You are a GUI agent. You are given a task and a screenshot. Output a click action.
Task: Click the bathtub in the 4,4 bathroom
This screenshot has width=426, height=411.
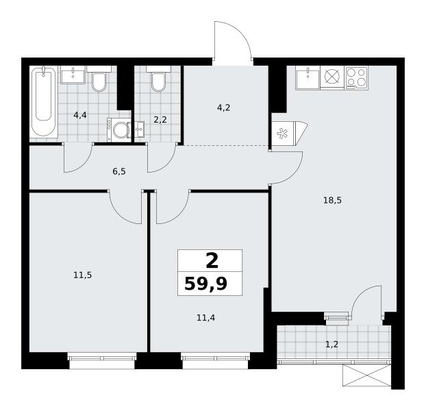coord(44,102)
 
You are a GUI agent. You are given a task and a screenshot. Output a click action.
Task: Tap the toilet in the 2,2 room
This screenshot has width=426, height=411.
coord(158,79)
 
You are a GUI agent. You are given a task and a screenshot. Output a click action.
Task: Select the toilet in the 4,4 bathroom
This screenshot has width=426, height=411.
coord(99,79)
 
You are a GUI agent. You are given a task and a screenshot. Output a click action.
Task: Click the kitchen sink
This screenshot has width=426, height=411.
coord(308,77)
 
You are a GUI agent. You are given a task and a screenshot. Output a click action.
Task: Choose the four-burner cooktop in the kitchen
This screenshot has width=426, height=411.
coord(356,77)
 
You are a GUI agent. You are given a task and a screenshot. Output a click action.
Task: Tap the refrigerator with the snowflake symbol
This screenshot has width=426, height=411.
coord(284,133)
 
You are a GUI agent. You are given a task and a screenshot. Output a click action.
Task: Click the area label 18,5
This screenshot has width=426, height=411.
coord(332,201)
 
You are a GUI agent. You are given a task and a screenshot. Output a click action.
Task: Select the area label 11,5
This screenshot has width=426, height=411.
coord(83,275)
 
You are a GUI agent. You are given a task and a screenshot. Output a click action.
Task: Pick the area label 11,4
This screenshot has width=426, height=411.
coord(205,318)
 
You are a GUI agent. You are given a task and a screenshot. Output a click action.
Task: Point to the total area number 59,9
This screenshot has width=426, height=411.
coord(205,284)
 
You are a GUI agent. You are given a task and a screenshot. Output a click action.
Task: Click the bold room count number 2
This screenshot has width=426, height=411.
coord(212,261)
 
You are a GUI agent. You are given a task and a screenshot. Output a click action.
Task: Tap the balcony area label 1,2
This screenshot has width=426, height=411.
coord(331,345)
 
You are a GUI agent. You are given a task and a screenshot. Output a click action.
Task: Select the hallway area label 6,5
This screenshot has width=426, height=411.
coord(119,172)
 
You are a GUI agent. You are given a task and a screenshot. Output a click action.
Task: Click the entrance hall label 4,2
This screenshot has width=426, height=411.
coord(223,108)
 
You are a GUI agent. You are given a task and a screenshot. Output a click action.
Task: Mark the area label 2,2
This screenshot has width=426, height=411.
coord(160,119)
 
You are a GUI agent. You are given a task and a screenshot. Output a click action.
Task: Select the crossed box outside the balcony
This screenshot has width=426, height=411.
coord(367,375)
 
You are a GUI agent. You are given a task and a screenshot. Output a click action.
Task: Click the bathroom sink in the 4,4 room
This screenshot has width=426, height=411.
coord(73,75)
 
